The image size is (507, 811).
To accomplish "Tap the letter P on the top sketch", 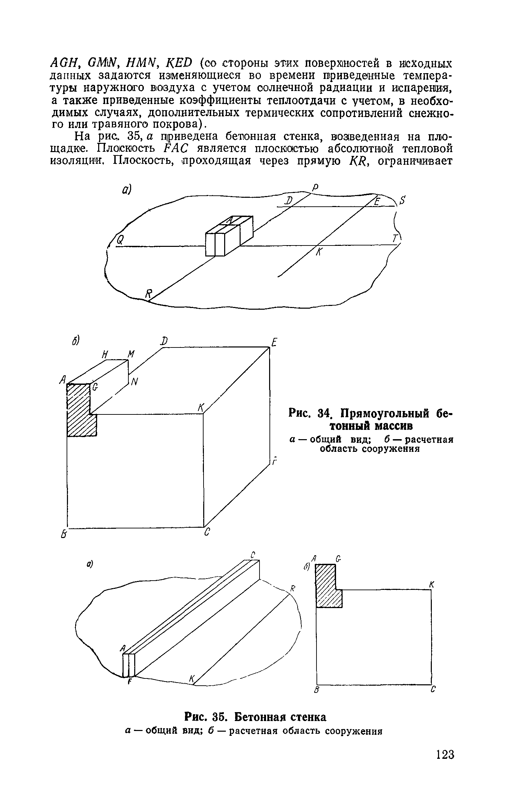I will (x=315, y=187).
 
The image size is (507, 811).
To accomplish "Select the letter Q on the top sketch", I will (x=120, y=240).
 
